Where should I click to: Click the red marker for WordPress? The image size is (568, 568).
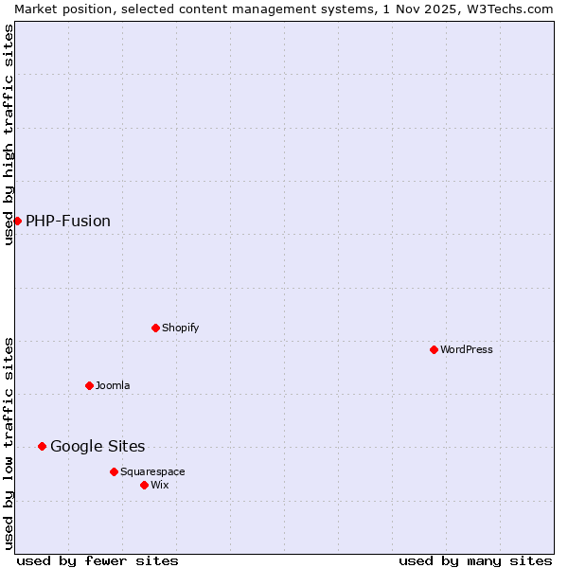click(434, 349)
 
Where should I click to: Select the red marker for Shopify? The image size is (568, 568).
click(155, 328)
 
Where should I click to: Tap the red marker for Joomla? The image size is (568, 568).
click(89, 385)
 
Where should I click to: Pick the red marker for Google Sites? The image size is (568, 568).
click(42, 446)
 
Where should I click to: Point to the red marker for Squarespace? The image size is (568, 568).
click(114, 471)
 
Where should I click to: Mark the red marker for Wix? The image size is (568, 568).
click(144, 485)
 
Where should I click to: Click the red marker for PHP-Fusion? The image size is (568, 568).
click(17, 221)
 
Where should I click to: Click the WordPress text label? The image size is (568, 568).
click(467, 349)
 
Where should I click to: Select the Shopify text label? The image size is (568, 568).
click(180, 328)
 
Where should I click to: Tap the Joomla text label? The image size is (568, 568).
click(113, 385)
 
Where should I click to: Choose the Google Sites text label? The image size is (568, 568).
click(98, 446)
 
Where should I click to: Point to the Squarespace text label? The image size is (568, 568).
click(152, 471)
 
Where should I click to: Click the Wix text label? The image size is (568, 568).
click(159, 485)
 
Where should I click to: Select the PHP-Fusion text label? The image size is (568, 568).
click(68, 221)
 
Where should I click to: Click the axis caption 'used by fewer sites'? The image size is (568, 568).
click(98, 560)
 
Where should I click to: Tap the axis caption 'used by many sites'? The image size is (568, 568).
click(475, 560)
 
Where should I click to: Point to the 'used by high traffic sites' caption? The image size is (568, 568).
click(9, 134)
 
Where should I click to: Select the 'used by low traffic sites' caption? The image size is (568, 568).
click(9, 443)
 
